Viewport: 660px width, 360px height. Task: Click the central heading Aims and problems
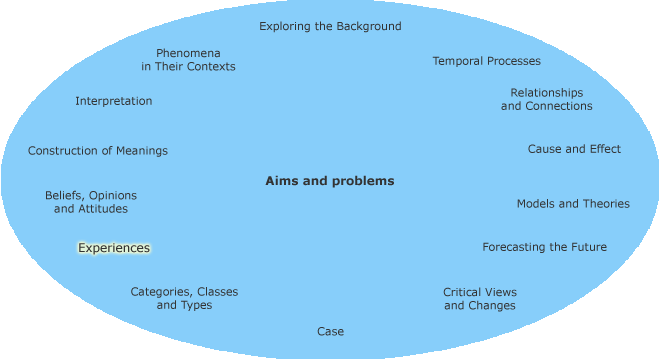point(330,181)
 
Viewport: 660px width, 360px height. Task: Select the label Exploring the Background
point(330,26)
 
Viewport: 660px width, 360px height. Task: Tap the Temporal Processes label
point(486,61)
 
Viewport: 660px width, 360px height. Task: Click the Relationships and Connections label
point(546,99)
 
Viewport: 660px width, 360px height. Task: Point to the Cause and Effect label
point(574,149)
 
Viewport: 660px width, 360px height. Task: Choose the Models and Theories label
point(573,203)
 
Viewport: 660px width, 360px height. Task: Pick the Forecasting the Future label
point(544,247)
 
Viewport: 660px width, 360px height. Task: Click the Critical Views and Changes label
point(480,299)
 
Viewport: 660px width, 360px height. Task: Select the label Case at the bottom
point(330,331)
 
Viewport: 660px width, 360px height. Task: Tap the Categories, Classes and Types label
point(184,298)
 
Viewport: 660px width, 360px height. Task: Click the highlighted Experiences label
point(114,248)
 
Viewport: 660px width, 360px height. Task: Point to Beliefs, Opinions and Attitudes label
point(91,202)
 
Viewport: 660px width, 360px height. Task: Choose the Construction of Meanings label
point(98,151)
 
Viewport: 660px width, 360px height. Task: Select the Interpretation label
point(114,101)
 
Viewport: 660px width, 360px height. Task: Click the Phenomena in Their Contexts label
point(188,59)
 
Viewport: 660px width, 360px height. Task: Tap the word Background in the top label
point(367,26)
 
